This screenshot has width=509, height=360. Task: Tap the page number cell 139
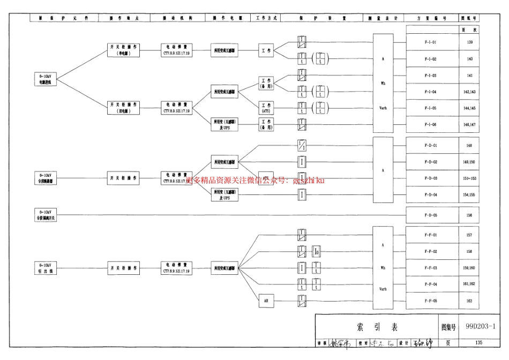click(469, 42)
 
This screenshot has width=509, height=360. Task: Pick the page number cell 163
click(469, 301)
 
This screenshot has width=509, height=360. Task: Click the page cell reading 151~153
click(469, 178)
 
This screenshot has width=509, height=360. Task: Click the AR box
click(266, 301)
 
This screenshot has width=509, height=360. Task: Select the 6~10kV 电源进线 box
click(46, 80)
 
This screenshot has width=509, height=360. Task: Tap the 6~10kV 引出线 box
click(46, 268)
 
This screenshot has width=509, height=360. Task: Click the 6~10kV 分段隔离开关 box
click(46, 215)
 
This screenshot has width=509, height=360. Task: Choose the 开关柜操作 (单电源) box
click(124, 50)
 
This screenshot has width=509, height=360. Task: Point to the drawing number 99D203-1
click(480, 326)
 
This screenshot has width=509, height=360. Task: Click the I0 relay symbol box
click(317, 251)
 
